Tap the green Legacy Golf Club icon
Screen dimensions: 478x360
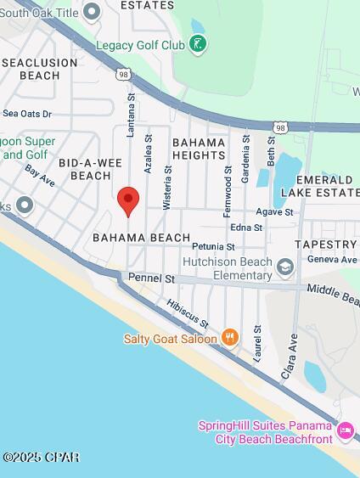pos(198,44)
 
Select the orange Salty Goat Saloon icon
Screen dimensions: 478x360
pos(229,338)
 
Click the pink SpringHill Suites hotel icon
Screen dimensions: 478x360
pos(345,431)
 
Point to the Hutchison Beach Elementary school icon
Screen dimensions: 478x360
pos(285,269)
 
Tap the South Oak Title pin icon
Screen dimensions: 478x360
pos(91,10)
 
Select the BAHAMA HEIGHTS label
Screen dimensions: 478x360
pos(199,149)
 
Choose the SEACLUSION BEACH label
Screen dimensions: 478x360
pos(40,69)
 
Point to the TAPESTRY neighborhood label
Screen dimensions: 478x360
pos(325,245)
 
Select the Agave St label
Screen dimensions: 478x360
pos(275,212)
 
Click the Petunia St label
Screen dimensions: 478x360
pos(212,246)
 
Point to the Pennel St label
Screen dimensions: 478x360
pos(151,278)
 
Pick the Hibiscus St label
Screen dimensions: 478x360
pos(187,313)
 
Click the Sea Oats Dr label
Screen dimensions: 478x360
pos(27,113)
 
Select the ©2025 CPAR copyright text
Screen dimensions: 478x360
pos(41,458)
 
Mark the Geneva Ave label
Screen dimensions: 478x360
pos(332,260)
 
